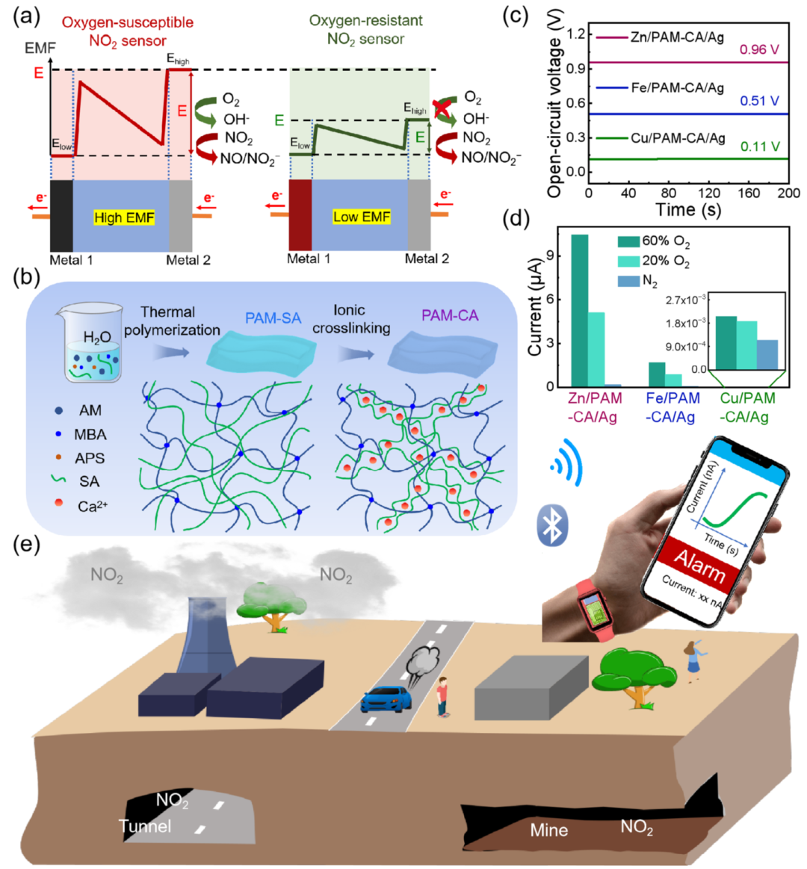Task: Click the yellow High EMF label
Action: click(x=124, y=217)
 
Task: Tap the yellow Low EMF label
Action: click(x=362, y=217)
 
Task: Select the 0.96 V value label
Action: click(x=758, y=50)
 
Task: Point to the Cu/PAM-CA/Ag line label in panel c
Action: click(x=677, y=138)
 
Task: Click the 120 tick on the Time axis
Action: click(x=708, y=192)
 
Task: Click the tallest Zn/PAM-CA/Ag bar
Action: click(x=579, y=309)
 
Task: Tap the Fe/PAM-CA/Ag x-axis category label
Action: click(x=670, y=407)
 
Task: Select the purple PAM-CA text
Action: click(x=450, y=316)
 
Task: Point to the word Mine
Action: click(x=548, y=830)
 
